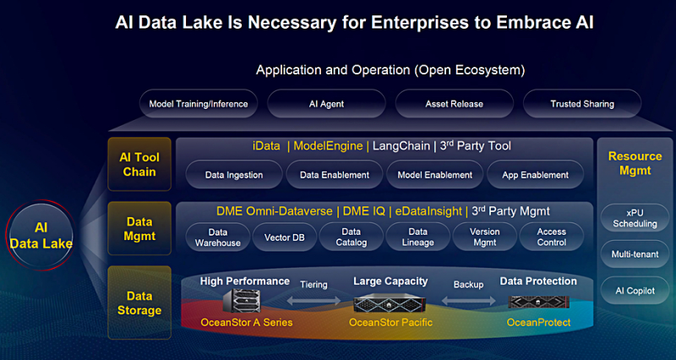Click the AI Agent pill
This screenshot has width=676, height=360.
click(x=326, y=103)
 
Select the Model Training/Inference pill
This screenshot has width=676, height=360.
click(x=199, y=103)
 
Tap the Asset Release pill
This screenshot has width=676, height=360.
click(x=455, y=103)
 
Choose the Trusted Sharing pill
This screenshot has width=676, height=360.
click(x=582, y=103)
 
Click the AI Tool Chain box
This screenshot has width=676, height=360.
click(x=139, y=164)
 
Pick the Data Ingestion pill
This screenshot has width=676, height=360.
click(x=234, y=175)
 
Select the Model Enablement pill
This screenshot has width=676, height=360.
click(x=434, y=175)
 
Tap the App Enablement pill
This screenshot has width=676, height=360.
click(x=535, y=175)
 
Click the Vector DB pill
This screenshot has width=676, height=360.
click(x=285, y=237)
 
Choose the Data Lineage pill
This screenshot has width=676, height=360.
click(x=417, y=237)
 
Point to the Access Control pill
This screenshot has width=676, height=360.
click(x=552, y=237)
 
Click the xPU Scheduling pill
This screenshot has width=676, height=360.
click(x=635, y=218)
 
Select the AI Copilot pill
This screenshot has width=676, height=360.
click(x=635, y=291)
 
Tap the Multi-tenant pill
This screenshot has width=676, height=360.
click(x=635, y=254)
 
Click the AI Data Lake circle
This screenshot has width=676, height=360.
click(x=41, y=236)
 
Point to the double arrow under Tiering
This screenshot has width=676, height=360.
click(x=313, y=301)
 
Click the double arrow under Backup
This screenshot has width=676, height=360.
click(x=468, y=301)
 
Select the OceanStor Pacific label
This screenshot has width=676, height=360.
click(x=390, y=323)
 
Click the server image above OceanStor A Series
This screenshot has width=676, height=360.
click(x=242, y=300)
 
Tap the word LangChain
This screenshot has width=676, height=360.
click(x=401, y=146)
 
